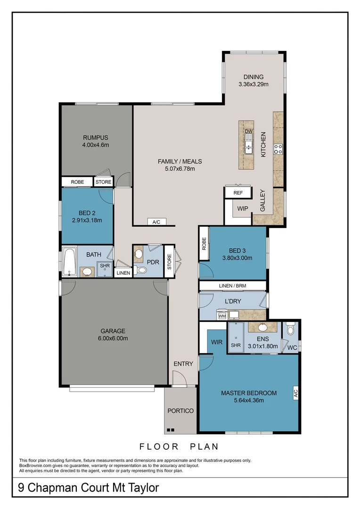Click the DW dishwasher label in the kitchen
[249, 131]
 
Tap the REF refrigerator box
[238, 193]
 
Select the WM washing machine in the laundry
[222, 316]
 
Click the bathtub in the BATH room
[69, 261]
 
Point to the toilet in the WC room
[291, 328]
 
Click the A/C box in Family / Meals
[156, 222]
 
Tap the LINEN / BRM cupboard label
[232, 286]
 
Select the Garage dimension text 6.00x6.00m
[113, 338]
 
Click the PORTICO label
[180, 410]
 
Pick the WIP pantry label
[243, 208]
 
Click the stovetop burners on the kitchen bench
[278, 149]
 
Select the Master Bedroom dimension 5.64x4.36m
[249, 401]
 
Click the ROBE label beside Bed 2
[77, 182]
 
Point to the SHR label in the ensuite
[236, 345]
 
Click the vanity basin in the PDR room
[139, 254]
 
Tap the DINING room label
[253, 77]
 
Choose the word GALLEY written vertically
[263, 200]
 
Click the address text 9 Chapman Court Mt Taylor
[89, 488]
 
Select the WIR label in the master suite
[217, 342]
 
